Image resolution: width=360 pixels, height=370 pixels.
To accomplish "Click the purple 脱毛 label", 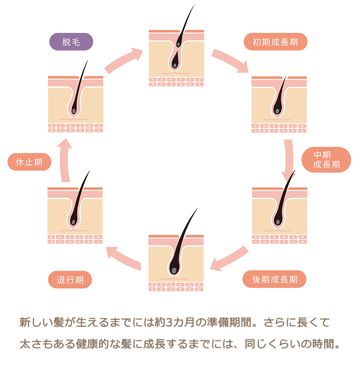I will point(71,43).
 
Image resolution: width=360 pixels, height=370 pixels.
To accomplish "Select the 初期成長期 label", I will point(276,43).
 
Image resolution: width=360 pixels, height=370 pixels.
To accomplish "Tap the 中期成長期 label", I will point(326,159).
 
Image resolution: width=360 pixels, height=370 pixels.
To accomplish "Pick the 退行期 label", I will point(70,280).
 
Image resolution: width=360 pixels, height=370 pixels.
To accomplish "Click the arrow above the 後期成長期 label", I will point(229,259).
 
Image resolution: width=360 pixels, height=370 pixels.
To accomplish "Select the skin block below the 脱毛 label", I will point(76,104).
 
